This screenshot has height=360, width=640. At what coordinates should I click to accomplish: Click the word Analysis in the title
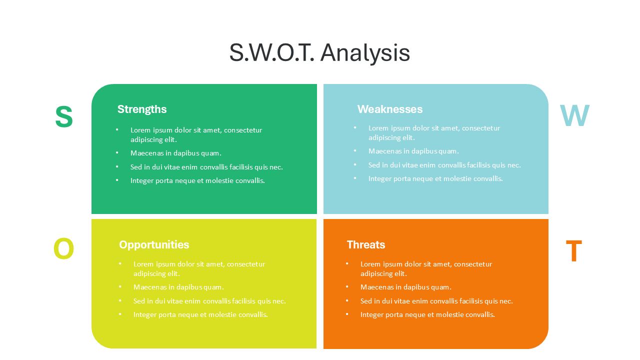(x=365, y=53)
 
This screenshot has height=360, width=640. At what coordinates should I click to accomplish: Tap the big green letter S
(x=64, y=116)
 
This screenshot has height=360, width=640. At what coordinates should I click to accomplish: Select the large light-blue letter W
(x=574, y=115)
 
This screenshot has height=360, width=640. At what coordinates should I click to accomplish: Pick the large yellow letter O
(x=63, y=248)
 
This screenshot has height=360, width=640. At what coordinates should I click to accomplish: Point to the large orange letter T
(x=573, y=250)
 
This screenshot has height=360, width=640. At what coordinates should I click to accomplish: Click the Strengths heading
(x=142, y=109)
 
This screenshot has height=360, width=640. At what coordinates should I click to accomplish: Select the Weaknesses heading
(x=389, y=109)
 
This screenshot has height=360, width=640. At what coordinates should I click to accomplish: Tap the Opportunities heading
(x=154, y=245)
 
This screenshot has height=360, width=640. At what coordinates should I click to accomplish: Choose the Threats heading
(x=366, y=244)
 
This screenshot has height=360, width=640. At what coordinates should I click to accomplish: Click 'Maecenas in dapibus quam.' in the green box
(x=176, y=153)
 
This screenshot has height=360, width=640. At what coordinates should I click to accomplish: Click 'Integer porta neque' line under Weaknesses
(x=435, y=179)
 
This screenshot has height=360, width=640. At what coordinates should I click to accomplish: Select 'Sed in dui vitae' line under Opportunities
(x=209, y=301)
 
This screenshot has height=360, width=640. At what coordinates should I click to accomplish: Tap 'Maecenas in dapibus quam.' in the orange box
(x=406, y=287)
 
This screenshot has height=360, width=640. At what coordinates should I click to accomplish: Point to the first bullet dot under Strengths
(x=117, y=129)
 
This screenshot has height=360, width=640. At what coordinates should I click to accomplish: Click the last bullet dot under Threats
(x=347, y=314)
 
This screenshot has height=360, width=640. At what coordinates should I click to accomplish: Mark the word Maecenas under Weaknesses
(x=385, y=151)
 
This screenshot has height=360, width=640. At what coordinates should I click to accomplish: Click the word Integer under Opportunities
(x=145, y=315)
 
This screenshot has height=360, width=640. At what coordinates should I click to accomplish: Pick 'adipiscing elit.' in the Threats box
(x=383, y=273)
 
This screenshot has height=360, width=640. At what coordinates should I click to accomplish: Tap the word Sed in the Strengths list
(x=136, y=167)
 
